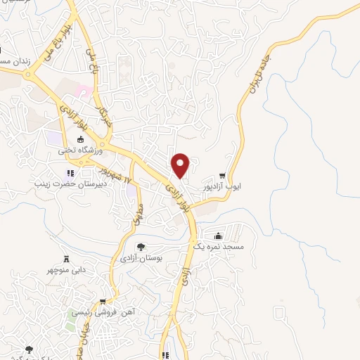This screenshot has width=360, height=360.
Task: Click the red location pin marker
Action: click(181, 165)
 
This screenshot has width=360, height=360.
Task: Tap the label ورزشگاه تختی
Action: click(80, 150)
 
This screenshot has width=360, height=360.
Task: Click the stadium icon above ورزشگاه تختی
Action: click(79, 139)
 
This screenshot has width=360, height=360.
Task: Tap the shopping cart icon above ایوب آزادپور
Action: click(223, 175)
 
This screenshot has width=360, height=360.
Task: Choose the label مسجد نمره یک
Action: click(218, 247)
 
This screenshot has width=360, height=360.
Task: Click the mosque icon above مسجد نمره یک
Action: click(218, 236)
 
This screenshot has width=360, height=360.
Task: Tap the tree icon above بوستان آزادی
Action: click(140, 247)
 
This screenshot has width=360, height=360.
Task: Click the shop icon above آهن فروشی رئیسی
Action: click(102, 302)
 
